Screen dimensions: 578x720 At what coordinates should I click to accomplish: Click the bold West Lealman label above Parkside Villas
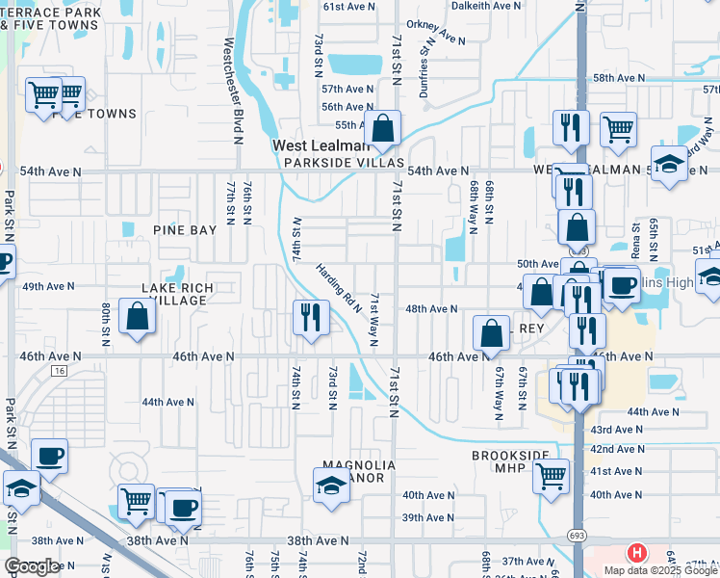point(321,145)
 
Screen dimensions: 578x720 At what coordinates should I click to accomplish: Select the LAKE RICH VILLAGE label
point(175,294)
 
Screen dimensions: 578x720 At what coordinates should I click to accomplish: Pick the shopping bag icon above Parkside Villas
point(382,128)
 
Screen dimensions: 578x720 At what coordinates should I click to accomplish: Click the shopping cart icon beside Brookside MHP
point(551,476)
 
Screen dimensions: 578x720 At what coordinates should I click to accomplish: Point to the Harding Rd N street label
point(337,289)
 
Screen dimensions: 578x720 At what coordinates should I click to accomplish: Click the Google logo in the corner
point(32,566)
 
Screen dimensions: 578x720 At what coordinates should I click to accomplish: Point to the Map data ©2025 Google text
point(660,570)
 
